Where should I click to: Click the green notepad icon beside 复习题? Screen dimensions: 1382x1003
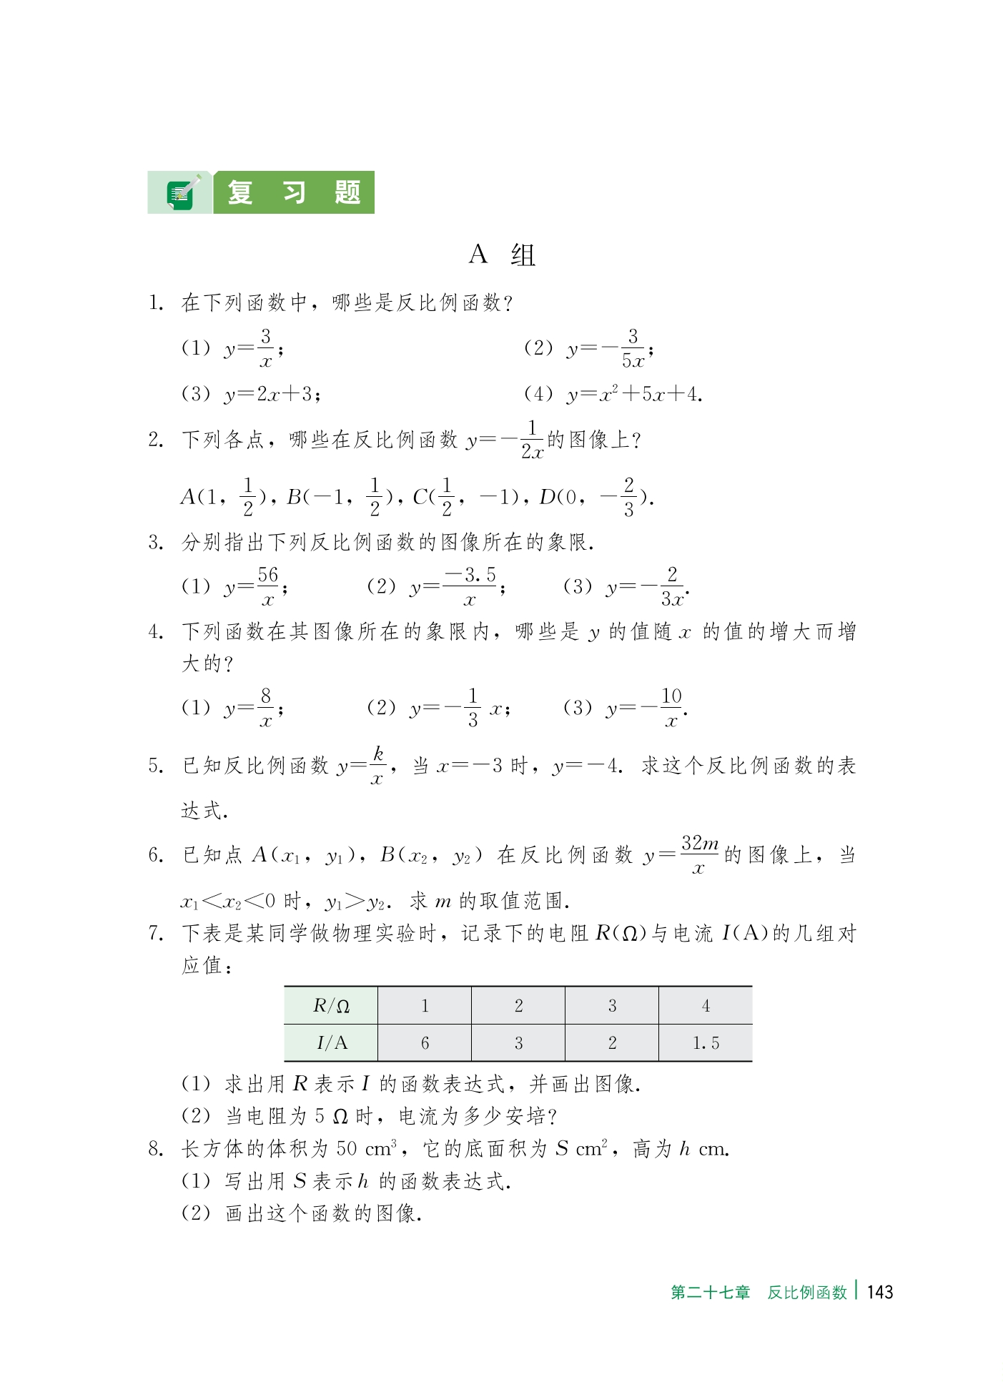click(x=180, y=194)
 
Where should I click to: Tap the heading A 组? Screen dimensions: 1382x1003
click(x=502, y=255)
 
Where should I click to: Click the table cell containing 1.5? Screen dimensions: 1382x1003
click(x=705, y=1043)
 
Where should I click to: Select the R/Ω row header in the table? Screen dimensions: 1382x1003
click(x=331, y=1006)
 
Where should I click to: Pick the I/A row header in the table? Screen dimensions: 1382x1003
click(x=331, y=1043)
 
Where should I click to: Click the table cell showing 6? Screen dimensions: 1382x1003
click(x=425, y=1043)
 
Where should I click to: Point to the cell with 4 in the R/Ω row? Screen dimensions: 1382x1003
click(x=705, y=1006)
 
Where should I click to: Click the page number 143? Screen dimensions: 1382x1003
click(x=879, y=1292)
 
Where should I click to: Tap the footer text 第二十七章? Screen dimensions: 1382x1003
click(x=710, y=1293)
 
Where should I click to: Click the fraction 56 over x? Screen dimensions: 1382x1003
click(x=267, y=587)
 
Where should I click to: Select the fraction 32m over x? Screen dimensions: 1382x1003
click(x=699, y=854)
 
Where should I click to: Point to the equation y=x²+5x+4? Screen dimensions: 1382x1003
click(x=633, y=394)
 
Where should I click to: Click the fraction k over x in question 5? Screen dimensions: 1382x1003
click(x=377, y=766)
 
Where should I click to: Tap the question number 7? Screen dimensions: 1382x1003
click(x=156, y=934)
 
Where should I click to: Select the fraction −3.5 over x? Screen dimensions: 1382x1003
click(x=470, y=587)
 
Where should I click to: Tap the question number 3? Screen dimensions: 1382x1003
click(x=156, y=543)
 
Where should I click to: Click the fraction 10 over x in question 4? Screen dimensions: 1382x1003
click(x=671, y=708)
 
